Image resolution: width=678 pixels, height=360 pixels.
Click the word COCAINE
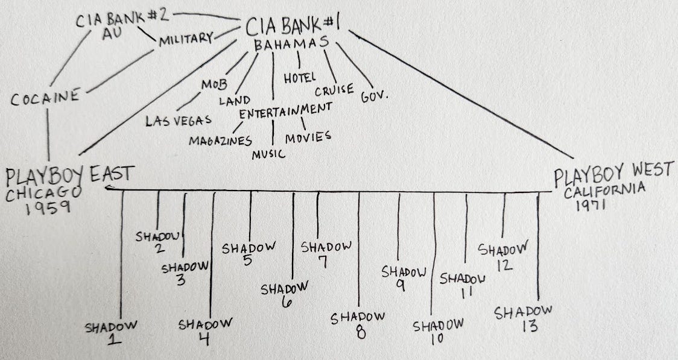pos(45,98)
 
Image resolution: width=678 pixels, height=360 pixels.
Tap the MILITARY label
pos(186,41)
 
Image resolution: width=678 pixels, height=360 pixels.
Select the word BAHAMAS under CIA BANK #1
pos(291,45)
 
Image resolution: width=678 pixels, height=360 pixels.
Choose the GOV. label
pos(373,96)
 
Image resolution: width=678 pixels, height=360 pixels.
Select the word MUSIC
pos(269,154)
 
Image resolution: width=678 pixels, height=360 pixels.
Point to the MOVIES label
pos(308,137)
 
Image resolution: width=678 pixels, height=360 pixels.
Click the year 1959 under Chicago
pos(48,208)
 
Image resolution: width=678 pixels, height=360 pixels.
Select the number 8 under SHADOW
pos(360,331)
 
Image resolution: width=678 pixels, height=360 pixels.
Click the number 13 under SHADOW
pos(524,327)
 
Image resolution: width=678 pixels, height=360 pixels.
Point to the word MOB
pos(214,84)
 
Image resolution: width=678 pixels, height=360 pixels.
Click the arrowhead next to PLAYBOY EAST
pos(107,189)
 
